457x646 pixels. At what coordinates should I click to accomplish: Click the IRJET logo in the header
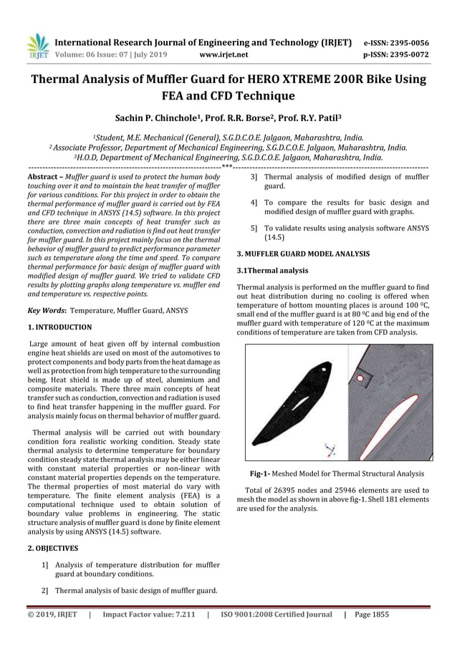(35, 44)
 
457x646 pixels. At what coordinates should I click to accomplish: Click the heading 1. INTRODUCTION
(59, 327)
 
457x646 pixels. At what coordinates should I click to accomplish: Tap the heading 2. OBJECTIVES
(52, 548)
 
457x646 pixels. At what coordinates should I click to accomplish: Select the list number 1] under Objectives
(46, 565)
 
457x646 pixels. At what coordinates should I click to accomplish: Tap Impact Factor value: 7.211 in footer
(148, 614)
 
